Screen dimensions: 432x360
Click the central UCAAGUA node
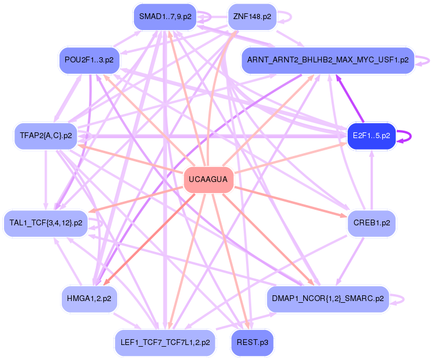click(x=208, y=180)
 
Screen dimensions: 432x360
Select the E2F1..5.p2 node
click(x=371, y=136)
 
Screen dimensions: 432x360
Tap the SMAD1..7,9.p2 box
click(x=165, y=17)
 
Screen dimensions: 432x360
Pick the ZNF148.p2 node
click(x=252, y=17)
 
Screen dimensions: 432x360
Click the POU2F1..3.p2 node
click(x=90, y=60)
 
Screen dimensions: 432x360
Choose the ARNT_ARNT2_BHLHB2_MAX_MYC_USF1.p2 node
click(x=328, y=60)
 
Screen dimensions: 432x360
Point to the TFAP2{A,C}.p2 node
click(x=46, y=136)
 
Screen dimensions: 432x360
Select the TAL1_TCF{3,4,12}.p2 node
click(x=46, y=223)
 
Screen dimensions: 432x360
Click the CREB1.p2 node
click(x=371, y=223)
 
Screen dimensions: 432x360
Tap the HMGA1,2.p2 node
click(x=90, y=299)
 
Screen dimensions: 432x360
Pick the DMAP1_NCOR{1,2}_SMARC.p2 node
click(x=328, y=299)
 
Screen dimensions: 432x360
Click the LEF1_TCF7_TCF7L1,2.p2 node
click(x=165, y=343)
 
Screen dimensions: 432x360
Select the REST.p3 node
click(x=252, y=343)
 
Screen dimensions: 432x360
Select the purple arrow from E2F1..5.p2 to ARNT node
click(x=349, y=99)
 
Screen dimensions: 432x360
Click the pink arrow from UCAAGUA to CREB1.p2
click(x=291, y=202)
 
